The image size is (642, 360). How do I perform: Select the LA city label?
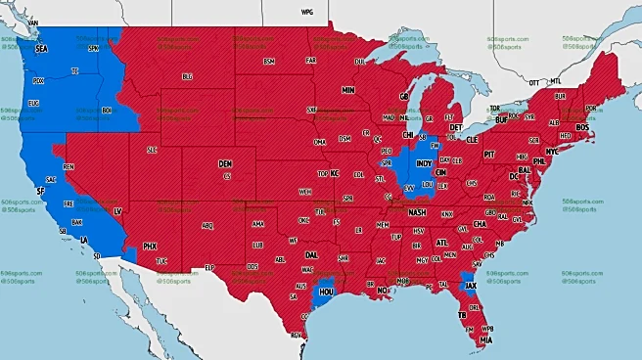click(x=84, y=240)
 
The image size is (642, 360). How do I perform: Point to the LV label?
click(x=117, y=211)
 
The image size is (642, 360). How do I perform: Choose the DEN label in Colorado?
click(x=225, y=163)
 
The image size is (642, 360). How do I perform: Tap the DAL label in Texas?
click(x=311, y=253)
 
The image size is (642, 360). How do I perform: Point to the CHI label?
click(x=408, y=135)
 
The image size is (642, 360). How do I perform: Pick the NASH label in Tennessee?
click(x=417, y=212)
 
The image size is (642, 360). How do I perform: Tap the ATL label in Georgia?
click(x=441, y=243)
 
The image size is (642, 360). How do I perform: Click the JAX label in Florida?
click(x=471, y=287)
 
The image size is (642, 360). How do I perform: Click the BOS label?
click(x=583, y=127)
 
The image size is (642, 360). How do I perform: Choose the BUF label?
click(x=502, y=119)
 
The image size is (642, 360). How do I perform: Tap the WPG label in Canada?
click(x=306, y=13)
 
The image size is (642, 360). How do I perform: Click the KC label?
click(x=334, y=173)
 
